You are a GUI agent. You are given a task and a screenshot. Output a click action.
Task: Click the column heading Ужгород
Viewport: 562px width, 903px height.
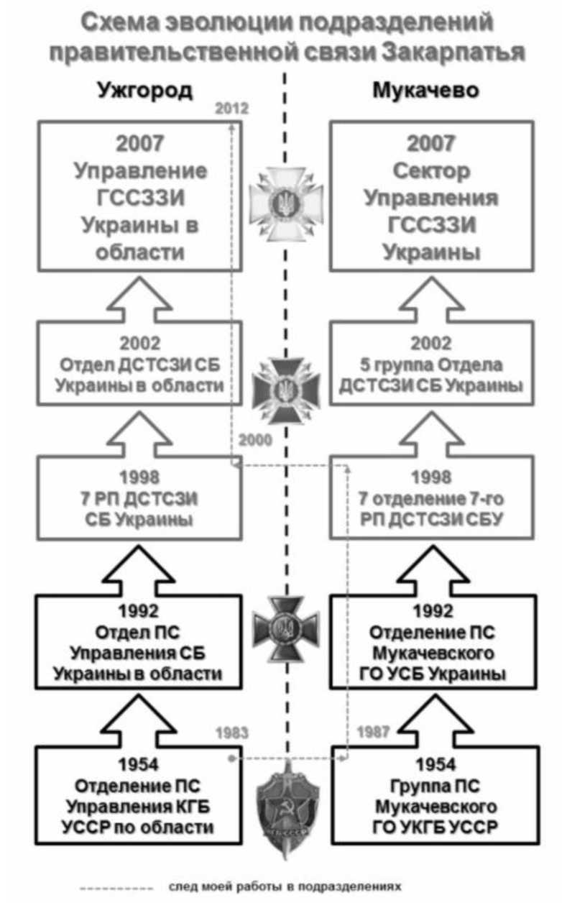click(x=144, y=91)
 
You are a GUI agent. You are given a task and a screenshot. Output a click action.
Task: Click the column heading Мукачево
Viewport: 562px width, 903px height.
click(x=426, y=91)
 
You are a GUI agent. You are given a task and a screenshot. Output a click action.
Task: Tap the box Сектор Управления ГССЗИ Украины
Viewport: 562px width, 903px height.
click(x=431, y=198)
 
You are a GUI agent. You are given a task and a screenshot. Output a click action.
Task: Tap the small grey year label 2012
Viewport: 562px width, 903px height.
click(x=231, y=110)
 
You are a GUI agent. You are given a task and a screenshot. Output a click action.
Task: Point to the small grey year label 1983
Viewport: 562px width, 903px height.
click(x=231, y=733)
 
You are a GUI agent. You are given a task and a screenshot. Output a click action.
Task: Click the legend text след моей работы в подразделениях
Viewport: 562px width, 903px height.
click(x=283, y=886)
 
